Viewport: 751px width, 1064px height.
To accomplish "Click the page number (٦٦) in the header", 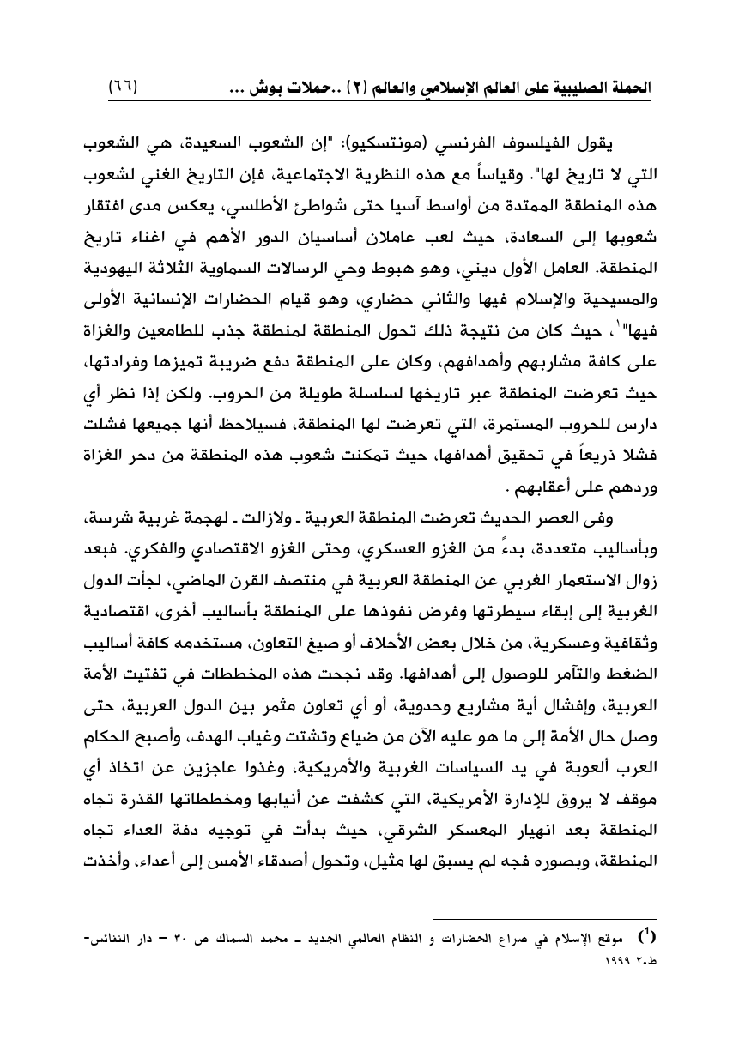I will pyautogui.click(x=124, y=88).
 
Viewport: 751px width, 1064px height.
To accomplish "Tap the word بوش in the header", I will pyautogui.click(x=265, y=88).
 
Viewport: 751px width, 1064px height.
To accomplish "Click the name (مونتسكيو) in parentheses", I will pyautogui.click(x=427, y=143).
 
